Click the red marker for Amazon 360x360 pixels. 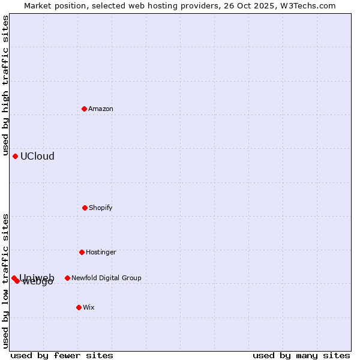point(85,109)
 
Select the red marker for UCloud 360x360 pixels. point(16,156)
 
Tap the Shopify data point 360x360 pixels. point(85,208)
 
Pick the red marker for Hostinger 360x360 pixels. point(82,252)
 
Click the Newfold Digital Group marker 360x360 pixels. point(67,278)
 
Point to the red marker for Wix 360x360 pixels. point(79,307)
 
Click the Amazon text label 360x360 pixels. point(101,109)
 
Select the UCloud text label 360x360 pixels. point(37,156)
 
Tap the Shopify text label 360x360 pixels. point(101,208)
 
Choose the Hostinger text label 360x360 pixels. point(101,252)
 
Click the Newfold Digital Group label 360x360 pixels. point(106,278)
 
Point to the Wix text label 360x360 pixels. point(89,307)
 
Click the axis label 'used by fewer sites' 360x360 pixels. point(62,355)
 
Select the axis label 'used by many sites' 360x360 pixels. point(301,355)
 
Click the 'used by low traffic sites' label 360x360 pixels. point(5,280)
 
